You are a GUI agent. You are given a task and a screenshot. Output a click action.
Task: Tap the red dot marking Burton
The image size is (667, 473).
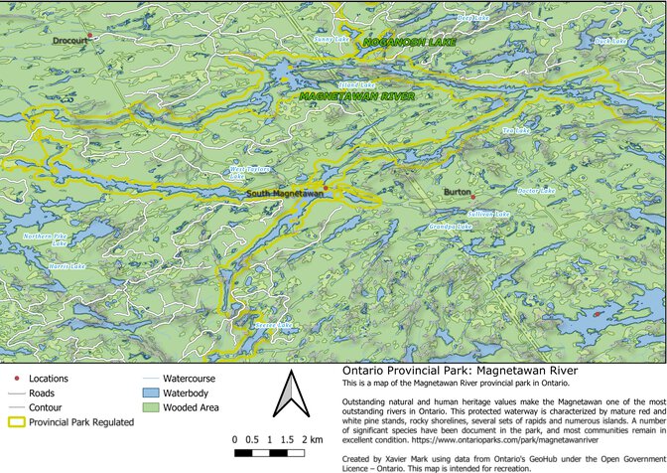click(473, 195)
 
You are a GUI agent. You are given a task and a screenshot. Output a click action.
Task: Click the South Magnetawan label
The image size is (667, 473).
click(284, 193)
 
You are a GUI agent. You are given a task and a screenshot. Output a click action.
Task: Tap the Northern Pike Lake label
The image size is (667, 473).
click(46, 239)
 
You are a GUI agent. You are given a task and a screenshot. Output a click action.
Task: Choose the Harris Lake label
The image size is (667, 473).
click(66, 267)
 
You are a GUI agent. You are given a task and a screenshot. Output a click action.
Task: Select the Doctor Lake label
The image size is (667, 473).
click(534, 190)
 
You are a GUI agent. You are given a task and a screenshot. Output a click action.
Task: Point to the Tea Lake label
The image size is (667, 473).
click(516, 130)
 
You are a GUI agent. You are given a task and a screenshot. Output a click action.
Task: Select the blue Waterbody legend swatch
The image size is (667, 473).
click(150, 394)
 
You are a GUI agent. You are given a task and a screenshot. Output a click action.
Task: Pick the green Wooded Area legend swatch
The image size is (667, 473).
click(150, 407)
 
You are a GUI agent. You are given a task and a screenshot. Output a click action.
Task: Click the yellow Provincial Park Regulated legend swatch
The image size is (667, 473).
click(14, 422)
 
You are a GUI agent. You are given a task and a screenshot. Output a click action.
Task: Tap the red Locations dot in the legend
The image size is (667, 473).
click(14, 380)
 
